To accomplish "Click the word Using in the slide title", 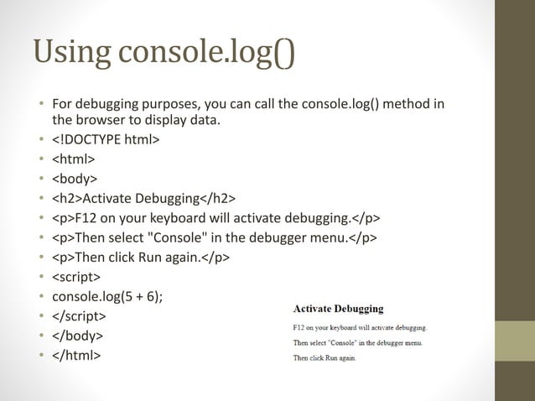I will pyautogui.click(x=71, y=52).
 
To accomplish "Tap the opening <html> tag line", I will pyautogui.click(x=74, y=159).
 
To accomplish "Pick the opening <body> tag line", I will pyautogui.click(x=75, y=179).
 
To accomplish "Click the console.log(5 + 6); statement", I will pyautogui.click(x=107, y=296).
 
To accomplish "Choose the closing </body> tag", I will pyautogui.click(x=78, y=336).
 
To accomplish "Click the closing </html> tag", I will pyautogui.click(x=76, y=356).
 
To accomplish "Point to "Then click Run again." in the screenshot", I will pyautogui.click(x=325, y=358).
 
